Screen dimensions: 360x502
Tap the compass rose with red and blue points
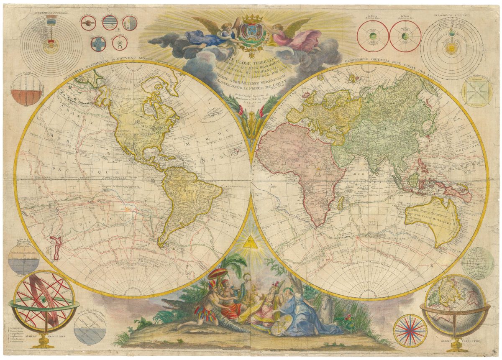[410, 331]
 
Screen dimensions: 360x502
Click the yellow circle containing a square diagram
[477, 93]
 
